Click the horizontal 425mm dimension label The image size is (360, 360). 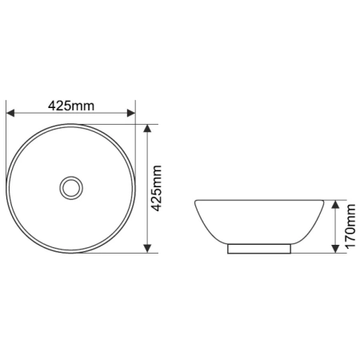[71, 106]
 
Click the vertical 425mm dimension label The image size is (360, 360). [156, 188]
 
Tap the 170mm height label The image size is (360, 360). [350, 226]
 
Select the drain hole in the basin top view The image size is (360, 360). [71, 188]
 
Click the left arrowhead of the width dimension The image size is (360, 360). [10, 113]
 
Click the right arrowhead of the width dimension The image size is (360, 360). [131, 113]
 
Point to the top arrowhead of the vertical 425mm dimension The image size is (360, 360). [147, 128]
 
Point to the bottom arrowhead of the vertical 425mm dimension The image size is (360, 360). [147, 249]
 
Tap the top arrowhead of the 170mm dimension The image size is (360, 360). [335, 204]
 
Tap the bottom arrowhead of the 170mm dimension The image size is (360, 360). [335, 249]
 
